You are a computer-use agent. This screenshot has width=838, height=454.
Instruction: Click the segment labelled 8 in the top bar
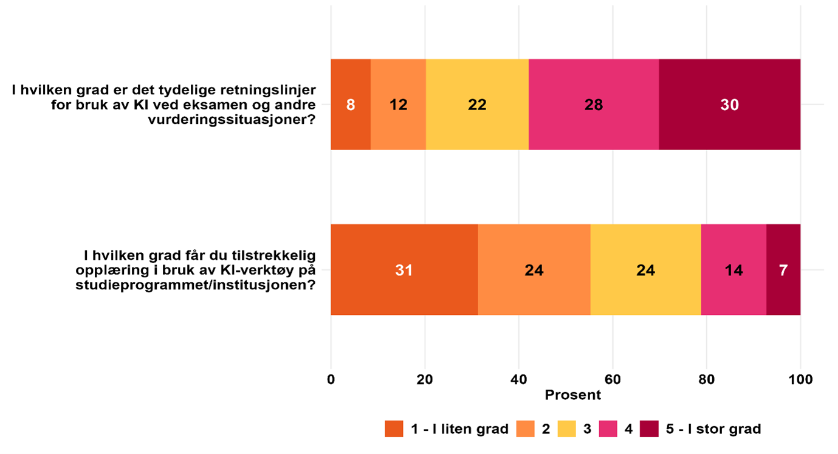coord(351,105)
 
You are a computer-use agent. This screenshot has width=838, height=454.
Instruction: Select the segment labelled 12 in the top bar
coord(398,105)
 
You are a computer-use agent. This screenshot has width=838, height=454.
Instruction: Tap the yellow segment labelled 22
coord(477,105)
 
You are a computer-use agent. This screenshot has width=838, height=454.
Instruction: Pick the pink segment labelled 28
coord(594,105)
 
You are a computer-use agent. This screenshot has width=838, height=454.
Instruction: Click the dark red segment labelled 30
coord(729,105)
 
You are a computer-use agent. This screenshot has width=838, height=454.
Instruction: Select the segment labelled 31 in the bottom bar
coord(404,270)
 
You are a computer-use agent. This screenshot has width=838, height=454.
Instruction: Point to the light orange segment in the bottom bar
coord(534,270)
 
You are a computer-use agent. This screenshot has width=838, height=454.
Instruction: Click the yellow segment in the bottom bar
coord(645,270)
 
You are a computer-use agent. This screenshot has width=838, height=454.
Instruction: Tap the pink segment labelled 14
coord(733,270)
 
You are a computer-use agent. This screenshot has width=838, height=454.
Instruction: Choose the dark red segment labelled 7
coord(783,270)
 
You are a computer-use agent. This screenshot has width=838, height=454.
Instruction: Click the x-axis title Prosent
coord(572,395)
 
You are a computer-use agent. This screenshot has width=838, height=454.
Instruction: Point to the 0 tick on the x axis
coord(331,380)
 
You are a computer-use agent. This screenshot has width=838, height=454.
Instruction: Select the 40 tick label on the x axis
coord(518,380)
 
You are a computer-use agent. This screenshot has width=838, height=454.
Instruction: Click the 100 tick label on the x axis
coord(800,380)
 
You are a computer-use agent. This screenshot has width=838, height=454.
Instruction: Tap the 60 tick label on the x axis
coord(613,380)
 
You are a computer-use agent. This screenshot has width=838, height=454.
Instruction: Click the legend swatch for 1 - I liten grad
coord(394,428)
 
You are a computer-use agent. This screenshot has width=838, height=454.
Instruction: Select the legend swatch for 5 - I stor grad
coord(650,428)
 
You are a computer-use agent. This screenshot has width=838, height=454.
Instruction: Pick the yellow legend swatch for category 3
coord(568,428)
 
